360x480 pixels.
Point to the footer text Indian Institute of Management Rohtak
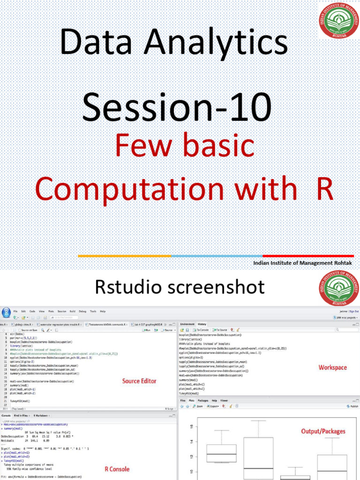(x=302, y=263)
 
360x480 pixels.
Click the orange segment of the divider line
(x=124, y=256)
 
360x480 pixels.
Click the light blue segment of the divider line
(x=217, y=256)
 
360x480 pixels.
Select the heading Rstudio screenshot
(x=180, y=287)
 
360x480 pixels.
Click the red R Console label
(x=117, y=469)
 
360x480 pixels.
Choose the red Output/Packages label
(x=323, y=431)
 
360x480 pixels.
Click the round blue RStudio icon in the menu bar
(x=6, y=313)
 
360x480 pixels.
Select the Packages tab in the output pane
(x=203, y=401)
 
